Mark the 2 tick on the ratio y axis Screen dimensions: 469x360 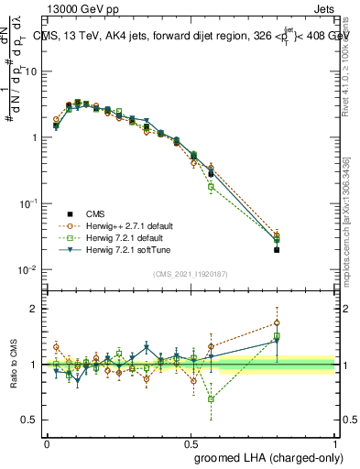tap(36, 309)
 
